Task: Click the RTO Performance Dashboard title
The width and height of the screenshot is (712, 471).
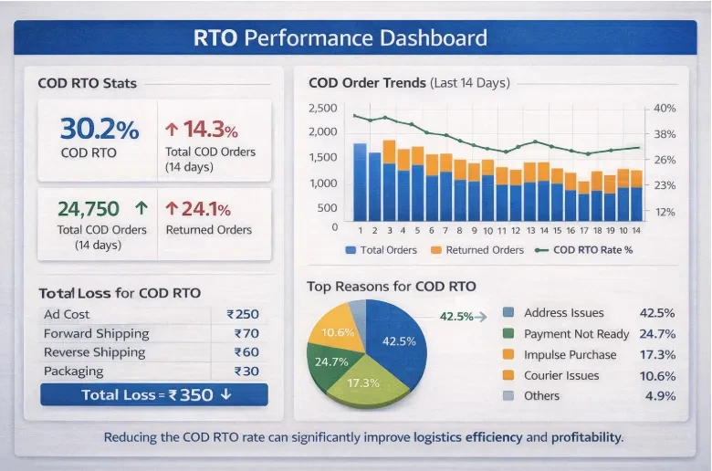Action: point(340,39)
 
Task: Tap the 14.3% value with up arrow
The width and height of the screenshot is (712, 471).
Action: point(203,129)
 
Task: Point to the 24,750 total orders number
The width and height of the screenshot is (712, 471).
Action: point(89,208)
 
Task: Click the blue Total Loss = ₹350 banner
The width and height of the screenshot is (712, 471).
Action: point(154,395)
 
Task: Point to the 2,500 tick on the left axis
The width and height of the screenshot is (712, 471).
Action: point(323,108)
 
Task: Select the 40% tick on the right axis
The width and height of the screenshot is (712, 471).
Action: point(665,108)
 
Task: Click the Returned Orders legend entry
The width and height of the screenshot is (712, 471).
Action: point(476,250)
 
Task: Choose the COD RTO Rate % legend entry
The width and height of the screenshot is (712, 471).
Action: point(592,250)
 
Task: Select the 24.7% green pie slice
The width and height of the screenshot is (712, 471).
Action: point(330,362)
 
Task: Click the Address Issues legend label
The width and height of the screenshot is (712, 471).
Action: point(563,313)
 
